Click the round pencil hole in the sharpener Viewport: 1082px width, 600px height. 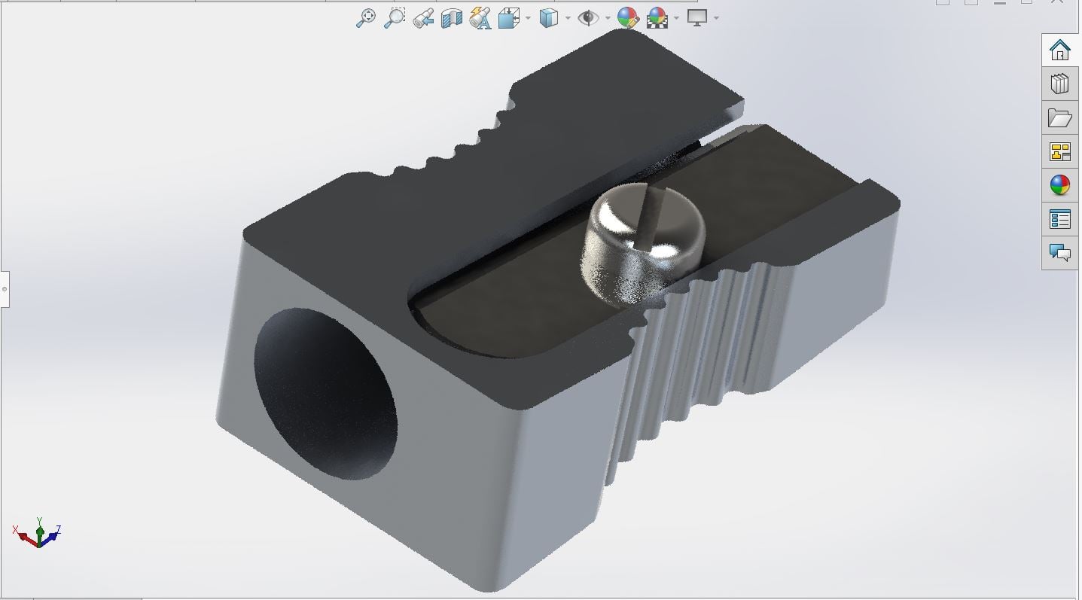coord(325,394)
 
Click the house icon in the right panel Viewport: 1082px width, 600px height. coord(1059,50)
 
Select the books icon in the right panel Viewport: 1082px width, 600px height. coord(1059,84)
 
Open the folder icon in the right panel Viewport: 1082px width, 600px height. coord(1059,118)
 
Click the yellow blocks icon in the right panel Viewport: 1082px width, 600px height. coord(1059,151)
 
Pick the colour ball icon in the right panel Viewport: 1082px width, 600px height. coord(1059,185)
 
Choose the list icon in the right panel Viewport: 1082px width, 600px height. coord(1059,219)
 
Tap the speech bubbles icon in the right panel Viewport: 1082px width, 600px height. coord(1059,252)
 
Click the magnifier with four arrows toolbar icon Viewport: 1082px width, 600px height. coord(366,18)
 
